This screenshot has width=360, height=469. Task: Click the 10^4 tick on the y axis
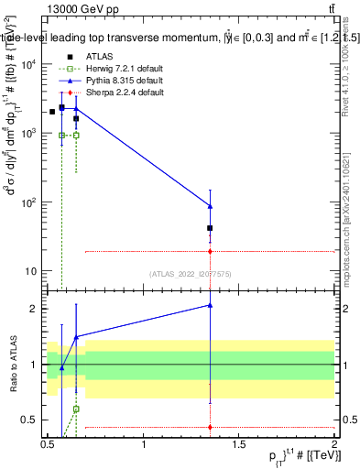28,64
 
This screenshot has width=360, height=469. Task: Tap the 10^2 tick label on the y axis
28,202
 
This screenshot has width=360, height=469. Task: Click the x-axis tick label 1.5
239,444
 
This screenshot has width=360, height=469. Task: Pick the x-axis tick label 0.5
49,444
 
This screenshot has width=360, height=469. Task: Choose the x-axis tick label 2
333,444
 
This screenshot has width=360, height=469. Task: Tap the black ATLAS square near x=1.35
211,228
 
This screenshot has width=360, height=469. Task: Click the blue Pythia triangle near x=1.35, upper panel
211,206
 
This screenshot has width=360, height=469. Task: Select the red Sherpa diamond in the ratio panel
211,427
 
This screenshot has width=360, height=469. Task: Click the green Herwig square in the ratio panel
76,409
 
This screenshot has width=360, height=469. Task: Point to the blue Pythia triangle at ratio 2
211,305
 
